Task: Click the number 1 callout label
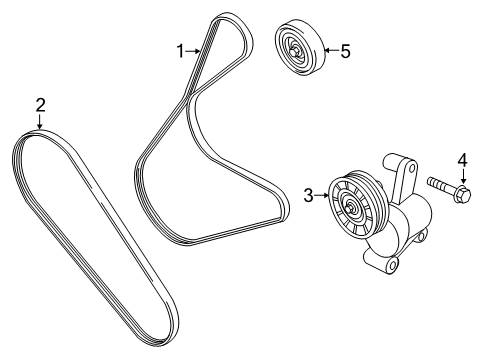point(181,50)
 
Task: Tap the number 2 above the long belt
point(40,105)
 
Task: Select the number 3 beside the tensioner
point(310,196)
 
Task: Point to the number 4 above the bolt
point(462,159)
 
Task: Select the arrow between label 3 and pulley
point(325,197)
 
